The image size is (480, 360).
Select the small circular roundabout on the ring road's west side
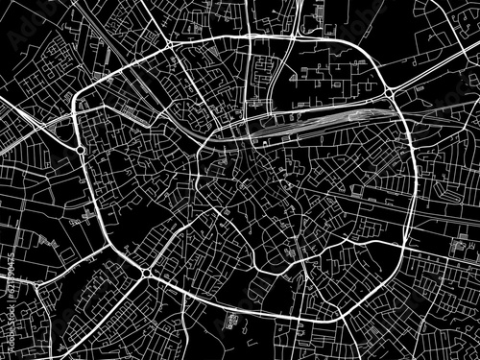[x=81, y=151]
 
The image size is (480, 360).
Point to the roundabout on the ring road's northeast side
[x=392, y=93]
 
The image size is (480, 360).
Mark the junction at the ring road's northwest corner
[x=169, y=45]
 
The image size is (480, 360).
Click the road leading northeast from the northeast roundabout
[x=432, y=72]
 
